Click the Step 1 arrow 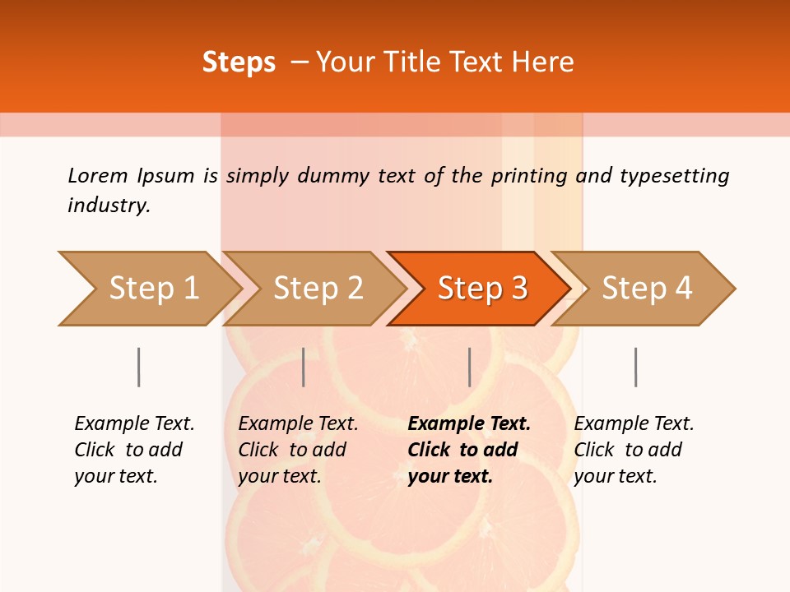click(x=153, y=288)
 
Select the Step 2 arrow click(x=318, y=288)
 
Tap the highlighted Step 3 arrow click(x=482, y=288)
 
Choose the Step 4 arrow click(x=647, y=288)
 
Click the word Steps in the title click(x=239, y=62)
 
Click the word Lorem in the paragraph click(x=97, y=175)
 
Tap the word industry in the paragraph click(x=109, y=205)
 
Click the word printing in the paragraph click(x=529, y=175)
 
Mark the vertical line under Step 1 click(x=138, y=367)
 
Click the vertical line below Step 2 click(x=304, y=367)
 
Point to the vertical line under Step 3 click(x=469, y=367)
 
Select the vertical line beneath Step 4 click(x=635, y=367)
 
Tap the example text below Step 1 click(x=134, y=450)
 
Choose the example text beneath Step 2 click(x=298, y=450)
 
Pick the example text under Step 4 click(x=634, y=450)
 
